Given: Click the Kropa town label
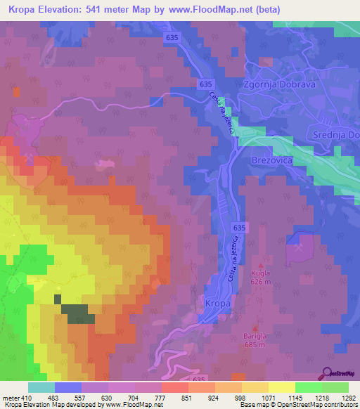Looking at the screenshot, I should click(x=219, y=303).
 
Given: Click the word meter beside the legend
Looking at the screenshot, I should click(x=11, y=397).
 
